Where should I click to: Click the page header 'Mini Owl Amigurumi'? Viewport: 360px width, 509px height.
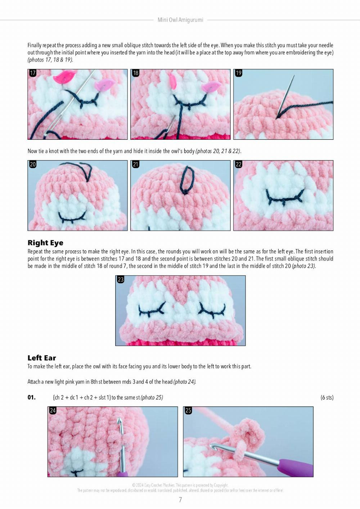point(180,20)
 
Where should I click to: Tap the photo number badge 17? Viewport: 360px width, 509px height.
point(33,73)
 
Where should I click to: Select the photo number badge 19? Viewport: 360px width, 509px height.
point(239,73)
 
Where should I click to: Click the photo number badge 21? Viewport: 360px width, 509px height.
point(136,165)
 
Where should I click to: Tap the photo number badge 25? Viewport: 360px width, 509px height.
point(188,411)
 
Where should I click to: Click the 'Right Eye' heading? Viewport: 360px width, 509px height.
point(45,243)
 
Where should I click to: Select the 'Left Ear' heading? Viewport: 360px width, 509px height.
point(42,358)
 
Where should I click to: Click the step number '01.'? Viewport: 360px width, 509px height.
point(32,398)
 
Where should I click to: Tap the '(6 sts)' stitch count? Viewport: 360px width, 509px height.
point(327,398)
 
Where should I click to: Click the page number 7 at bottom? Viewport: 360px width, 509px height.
point(180,500)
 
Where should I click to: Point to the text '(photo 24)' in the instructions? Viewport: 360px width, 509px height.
point(185,382)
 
